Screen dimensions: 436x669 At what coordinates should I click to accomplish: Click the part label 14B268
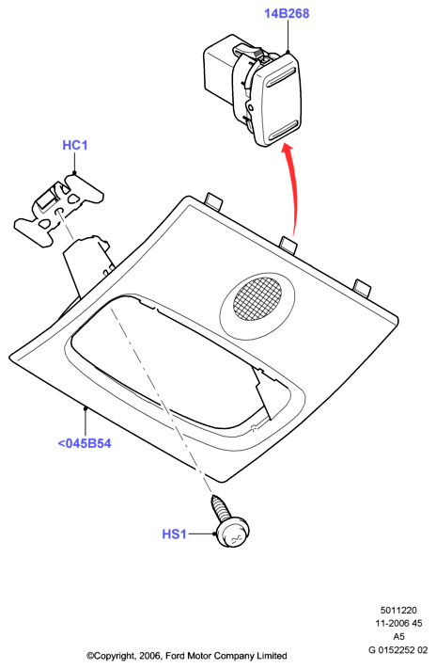[287, 14]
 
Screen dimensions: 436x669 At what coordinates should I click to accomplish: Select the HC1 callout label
[75, 145]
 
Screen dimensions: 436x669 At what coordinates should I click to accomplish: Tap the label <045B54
[85, 443]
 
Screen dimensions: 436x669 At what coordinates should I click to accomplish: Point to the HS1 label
[175, 534]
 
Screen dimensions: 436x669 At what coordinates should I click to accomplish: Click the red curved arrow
[295, 188]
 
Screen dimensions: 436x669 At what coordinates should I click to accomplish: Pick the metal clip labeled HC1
[59, 208]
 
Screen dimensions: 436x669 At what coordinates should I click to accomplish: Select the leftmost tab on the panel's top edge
[214, 201]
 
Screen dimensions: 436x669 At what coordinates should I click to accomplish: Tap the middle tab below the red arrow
[288, 245]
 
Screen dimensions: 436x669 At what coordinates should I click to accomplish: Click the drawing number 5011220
[398, 610]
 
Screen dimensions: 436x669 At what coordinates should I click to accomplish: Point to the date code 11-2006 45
[398, 623]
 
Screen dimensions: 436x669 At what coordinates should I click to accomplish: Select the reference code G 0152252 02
[397, 650]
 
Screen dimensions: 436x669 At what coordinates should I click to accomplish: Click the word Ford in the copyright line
[174, 656]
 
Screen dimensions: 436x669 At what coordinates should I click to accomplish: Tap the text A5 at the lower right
[398, 637]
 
